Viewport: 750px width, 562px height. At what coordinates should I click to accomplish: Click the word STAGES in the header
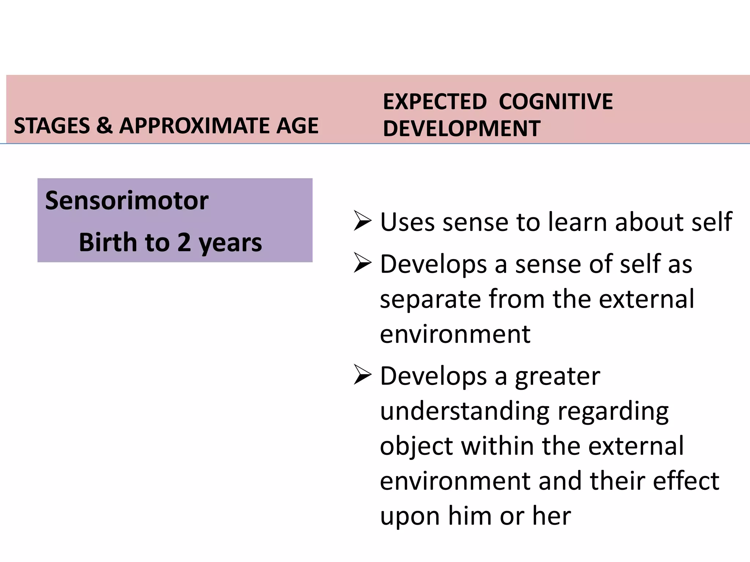[52, 126]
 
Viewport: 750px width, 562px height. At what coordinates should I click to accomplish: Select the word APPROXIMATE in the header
[194, 126]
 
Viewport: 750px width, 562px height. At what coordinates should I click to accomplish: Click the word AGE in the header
[297, 126]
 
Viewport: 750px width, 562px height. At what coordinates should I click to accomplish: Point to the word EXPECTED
[435, 102]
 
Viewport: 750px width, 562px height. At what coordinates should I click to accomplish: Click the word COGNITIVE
[556, 102]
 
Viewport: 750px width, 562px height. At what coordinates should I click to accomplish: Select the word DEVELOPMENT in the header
[461, 129]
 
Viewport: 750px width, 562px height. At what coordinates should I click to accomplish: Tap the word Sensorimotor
[127, 201]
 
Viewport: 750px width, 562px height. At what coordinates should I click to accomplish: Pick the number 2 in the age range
[184, 243]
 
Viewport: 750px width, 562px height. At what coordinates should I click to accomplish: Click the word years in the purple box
[230, 243]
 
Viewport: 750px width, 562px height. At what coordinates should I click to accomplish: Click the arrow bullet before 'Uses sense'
[363, 221]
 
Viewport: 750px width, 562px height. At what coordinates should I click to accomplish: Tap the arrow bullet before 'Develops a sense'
[363, 264]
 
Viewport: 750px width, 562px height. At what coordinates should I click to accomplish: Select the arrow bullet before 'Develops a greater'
[363, 376]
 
